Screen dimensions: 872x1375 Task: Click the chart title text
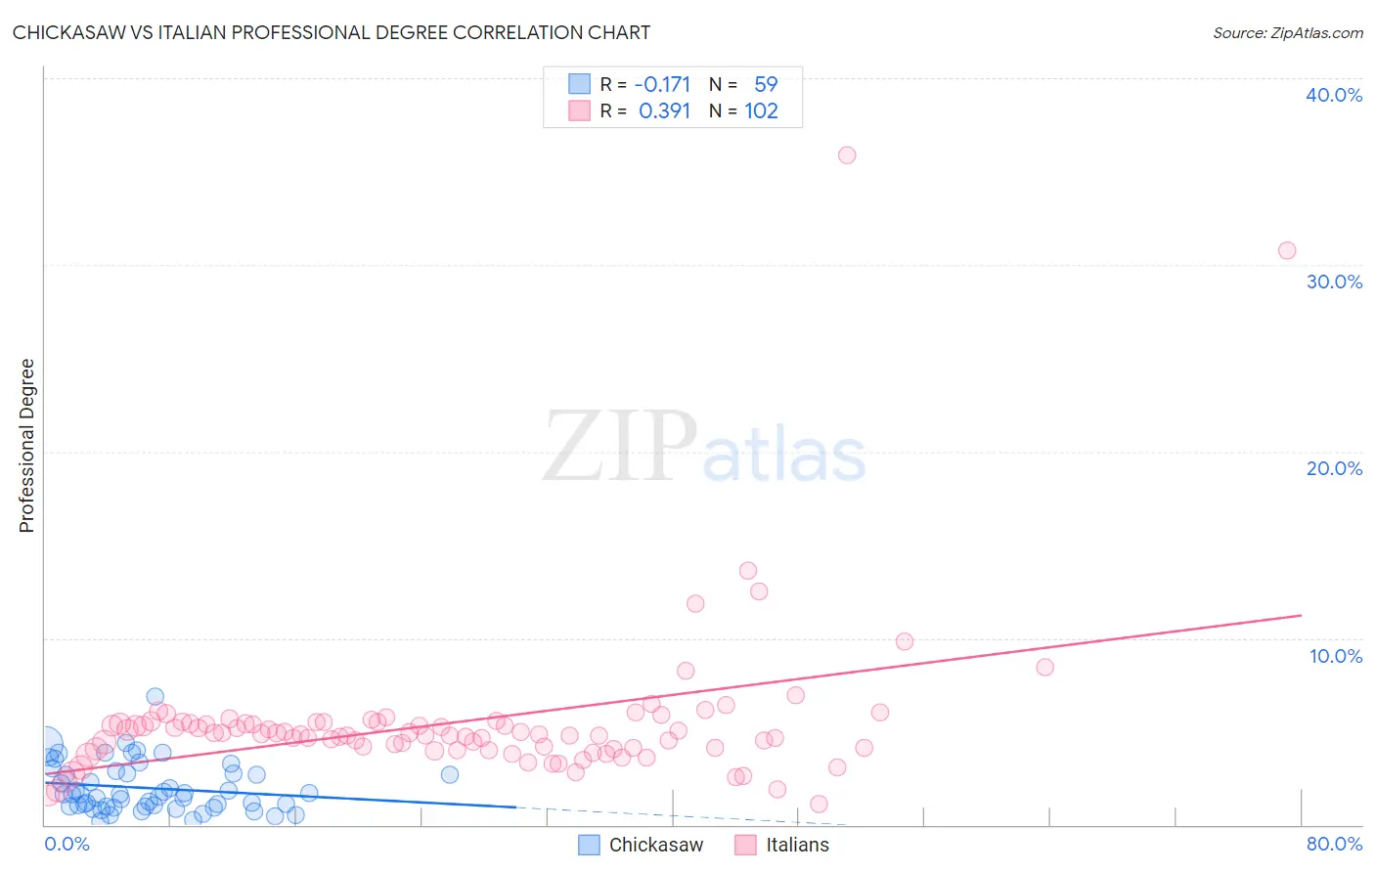[x=332, y=32]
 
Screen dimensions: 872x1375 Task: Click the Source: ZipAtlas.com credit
[x=1287, y=32]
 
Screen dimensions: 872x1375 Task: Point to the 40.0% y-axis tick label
[x=1334, y=95]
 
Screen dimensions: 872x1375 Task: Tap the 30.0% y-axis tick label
[x=1334, y=282]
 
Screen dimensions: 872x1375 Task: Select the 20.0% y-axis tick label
[x=1334, y=468]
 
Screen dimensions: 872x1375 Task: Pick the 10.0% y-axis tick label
[x=1336, y=656]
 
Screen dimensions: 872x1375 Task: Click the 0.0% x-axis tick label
[x=67, y=844]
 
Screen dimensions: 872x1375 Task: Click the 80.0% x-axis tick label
[x=1334, y=844]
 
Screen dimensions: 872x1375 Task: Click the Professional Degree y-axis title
[x=26, y=446]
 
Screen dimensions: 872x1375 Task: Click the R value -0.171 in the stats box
[x=662, y=84]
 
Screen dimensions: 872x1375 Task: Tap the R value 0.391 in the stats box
[x=664, y=110]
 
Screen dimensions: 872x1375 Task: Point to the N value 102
[x=761, y=110]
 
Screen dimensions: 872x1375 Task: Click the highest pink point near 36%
[x=847, y=155]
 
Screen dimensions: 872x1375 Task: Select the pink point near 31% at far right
[x=1287, y=250]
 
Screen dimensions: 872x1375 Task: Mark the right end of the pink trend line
[x=1302, y=615]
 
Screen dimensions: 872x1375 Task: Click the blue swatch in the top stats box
[x=580, y=84]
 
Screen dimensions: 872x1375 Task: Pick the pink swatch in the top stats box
[x=580, y=110]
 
